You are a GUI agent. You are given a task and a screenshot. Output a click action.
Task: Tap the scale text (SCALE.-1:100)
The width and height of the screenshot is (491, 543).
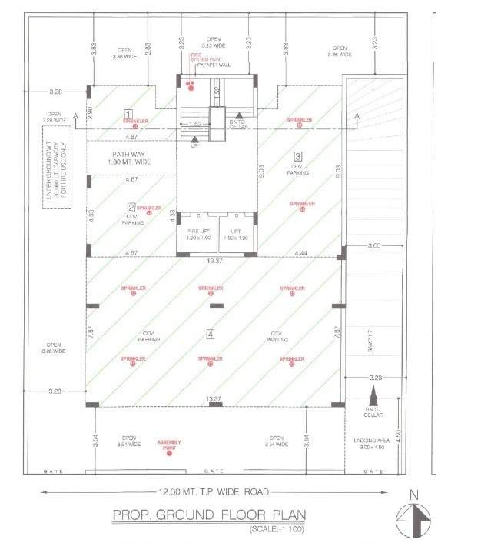pos(276,530)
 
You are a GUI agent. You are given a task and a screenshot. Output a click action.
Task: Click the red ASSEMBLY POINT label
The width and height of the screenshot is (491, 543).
pos(169,445)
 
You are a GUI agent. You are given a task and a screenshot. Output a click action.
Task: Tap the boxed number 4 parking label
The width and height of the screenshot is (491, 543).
pos(210,333)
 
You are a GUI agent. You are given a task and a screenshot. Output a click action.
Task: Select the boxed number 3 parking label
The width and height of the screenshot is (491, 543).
pos(298,155)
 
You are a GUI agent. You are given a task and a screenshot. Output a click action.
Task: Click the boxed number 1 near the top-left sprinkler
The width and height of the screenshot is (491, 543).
pos(128,113)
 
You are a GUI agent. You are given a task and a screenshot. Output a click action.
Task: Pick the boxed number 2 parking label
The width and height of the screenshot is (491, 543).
pos(131,206)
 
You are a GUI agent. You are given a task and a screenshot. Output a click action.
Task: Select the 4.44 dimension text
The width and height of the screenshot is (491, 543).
pos(300,252)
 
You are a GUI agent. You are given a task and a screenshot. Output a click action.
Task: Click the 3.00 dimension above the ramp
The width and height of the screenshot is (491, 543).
pos(375,246)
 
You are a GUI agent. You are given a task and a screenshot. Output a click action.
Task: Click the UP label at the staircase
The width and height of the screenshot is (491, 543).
pos(194,146)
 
